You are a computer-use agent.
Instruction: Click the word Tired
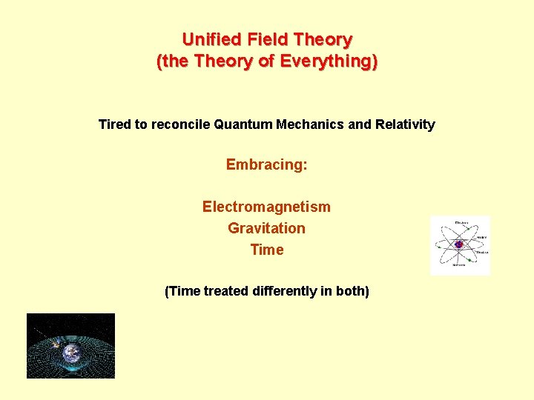click(114, 124)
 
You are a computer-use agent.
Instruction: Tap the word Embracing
click(266, 164)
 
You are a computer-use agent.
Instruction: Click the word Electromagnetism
click(266, 207)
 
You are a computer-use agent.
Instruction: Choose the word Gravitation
click(266, 228)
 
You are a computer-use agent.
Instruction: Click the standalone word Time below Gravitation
click(266, 250)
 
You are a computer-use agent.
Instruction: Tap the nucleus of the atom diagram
click(459, 244)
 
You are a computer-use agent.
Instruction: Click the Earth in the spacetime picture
click(71, 353)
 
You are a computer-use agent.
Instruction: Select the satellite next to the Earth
click(48, 337)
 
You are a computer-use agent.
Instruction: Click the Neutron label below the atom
click(460, 264)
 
